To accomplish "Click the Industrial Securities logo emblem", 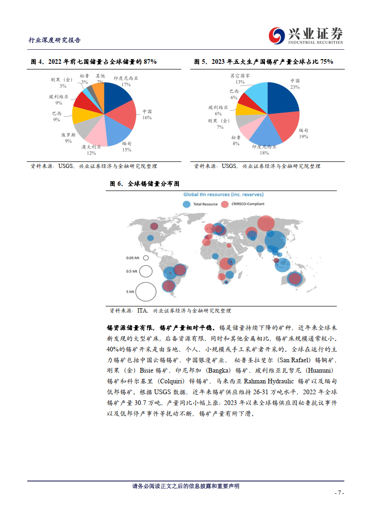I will click(x=276, y=35).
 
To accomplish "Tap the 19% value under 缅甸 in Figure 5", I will click(x=303, y=137).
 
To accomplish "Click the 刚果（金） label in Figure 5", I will click(x=216, y=121).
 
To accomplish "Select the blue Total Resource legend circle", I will click(x=186, y=204).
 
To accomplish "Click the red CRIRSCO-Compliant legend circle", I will click(x=225, y=204).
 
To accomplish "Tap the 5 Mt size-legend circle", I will click(x=146, y=291).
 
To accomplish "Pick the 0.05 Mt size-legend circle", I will click(x=146, y=258).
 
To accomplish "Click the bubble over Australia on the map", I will click(x=295, y=278).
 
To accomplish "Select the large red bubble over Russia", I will click(x=266, y=223).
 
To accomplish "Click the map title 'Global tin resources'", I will click(x=223, y=194).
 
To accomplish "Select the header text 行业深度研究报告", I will click(x=54, y=40).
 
